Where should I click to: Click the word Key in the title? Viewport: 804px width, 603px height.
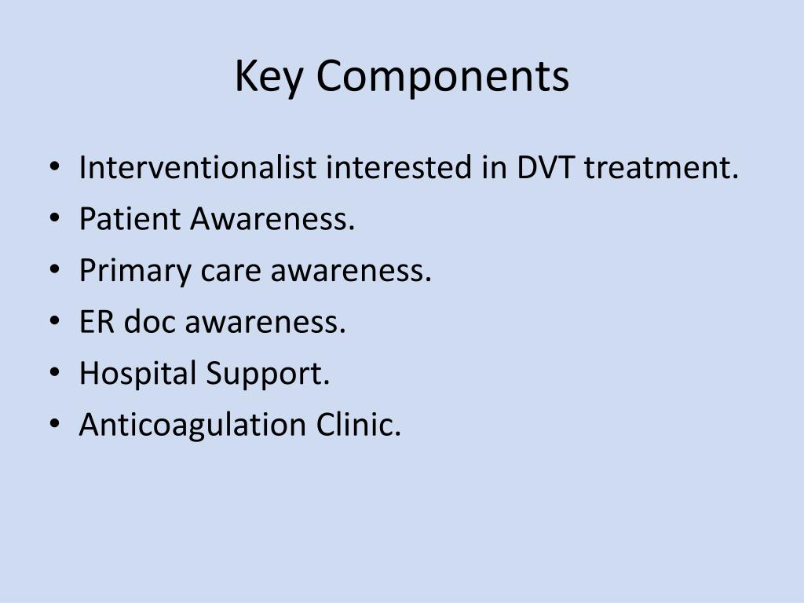coord(267,77)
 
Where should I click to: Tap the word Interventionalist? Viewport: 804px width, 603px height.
coord(199,167)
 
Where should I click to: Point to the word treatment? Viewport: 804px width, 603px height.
coord(661,168)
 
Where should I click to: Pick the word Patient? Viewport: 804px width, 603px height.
coord(130,219)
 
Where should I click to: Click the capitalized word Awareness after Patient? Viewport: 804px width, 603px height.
coord(272,219)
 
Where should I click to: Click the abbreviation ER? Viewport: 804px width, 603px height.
coord(94,322)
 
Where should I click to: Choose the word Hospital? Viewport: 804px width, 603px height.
coord(137,374)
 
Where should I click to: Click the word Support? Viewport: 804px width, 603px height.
coord(267,375)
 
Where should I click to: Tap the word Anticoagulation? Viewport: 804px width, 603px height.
coord(192,425)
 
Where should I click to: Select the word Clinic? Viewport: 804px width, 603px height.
coord(358,425)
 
